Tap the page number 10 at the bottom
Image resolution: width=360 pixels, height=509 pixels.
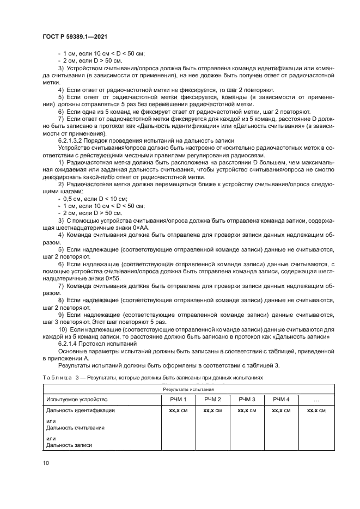(45, 463)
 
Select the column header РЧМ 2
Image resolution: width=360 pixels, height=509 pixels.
(212, 400)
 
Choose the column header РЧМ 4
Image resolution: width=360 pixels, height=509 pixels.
(281, 400)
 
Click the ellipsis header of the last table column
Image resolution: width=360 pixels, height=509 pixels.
(316, 400)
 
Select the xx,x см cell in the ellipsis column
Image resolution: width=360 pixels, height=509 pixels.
(316, 410)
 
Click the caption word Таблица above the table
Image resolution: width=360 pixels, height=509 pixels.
(57, 377)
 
